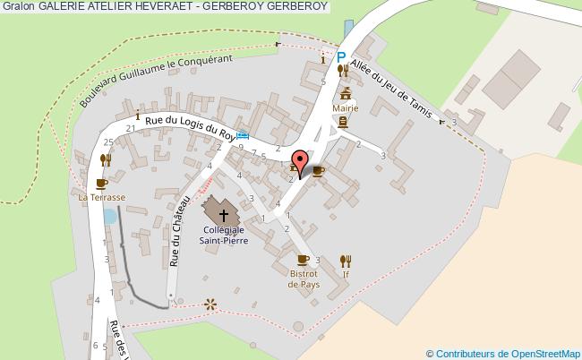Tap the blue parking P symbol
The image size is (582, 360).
(341, 57)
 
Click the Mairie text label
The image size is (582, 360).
(345, 107)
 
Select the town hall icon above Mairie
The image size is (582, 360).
(345, 91)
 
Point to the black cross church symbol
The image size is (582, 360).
(222, 214)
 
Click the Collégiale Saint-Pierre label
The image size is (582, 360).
(221, 235)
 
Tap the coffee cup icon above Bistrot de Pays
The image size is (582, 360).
(304, 261)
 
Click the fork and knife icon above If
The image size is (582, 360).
(346, 261)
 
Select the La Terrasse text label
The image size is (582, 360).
(101, 197)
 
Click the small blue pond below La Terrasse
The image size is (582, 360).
(109, 216)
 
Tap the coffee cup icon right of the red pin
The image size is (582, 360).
(318, 170)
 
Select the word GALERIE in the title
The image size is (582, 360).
(62, 6)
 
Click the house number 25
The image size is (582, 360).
(107, 142)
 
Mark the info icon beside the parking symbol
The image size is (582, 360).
(323, 60)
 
